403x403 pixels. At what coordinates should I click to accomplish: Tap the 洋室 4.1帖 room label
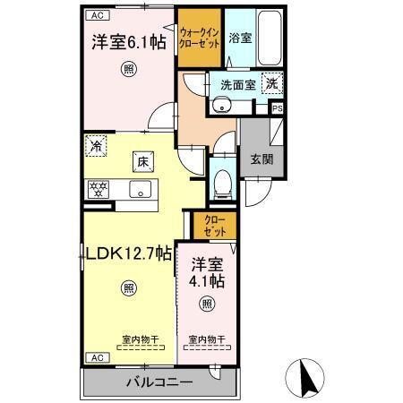[207, 271]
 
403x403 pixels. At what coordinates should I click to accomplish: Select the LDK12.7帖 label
[128, 253]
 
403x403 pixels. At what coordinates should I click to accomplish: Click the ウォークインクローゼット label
[199, 37]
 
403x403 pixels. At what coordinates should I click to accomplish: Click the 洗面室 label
[237, 84]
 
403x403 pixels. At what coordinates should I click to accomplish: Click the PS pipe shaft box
[277, 109]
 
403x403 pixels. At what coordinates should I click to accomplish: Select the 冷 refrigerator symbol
[96, 144]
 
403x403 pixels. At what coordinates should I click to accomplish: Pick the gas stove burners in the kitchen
[97, 189]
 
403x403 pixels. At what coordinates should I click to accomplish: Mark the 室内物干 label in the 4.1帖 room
[207, 340]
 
